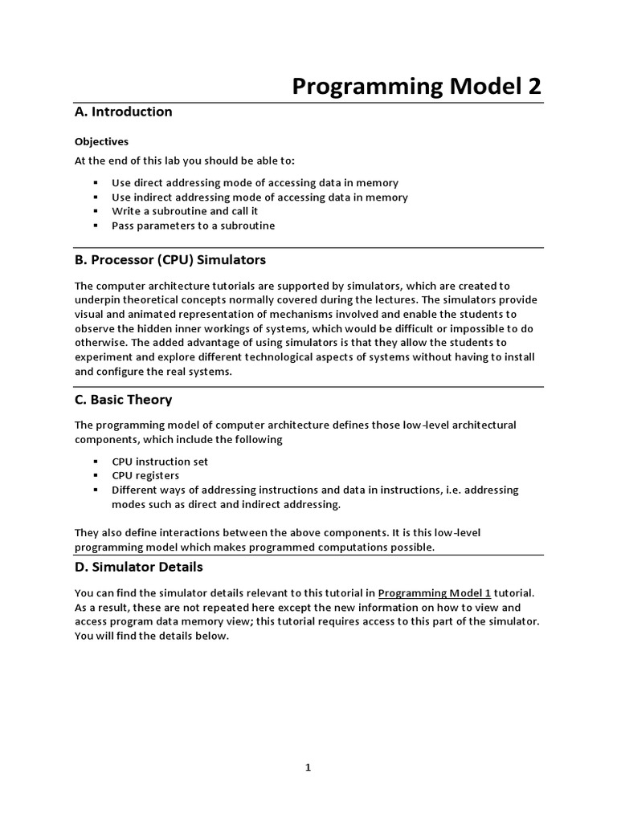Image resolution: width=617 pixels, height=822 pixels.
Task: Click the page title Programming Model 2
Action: [x=416, y=87]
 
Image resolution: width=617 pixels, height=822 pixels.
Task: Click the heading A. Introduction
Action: [x=123, y=112]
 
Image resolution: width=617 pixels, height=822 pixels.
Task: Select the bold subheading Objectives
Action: [x=101, y=141]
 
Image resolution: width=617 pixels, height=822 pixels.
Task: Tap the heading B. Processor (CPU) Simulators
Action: [x=170, y=260]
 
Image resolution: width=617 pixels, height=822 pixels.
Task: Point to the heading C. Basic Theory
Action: [x=123, y=400]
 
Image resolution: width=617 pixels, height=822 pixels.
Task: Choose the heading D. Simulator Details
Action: [x=138, y=567]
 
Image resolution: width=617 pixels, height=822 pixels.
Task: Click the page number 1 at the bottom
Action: [x=308, y=767]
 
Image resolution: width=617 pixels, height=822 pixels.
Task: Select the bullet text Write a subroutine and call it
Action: [x=197, y=212]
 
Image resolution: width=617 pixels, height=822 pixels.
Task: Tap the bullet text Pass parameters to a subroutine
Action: [x=193, y=226]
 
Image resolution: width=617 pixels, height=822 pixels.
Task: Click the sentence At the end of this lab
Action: [x=185, y=161]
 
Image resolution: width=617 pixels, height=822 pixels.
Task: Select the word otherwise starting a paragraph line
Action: [x=100, y=344]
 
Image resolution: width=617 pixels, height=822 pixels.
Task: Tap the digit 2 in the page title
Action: [x=534, y=87]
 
